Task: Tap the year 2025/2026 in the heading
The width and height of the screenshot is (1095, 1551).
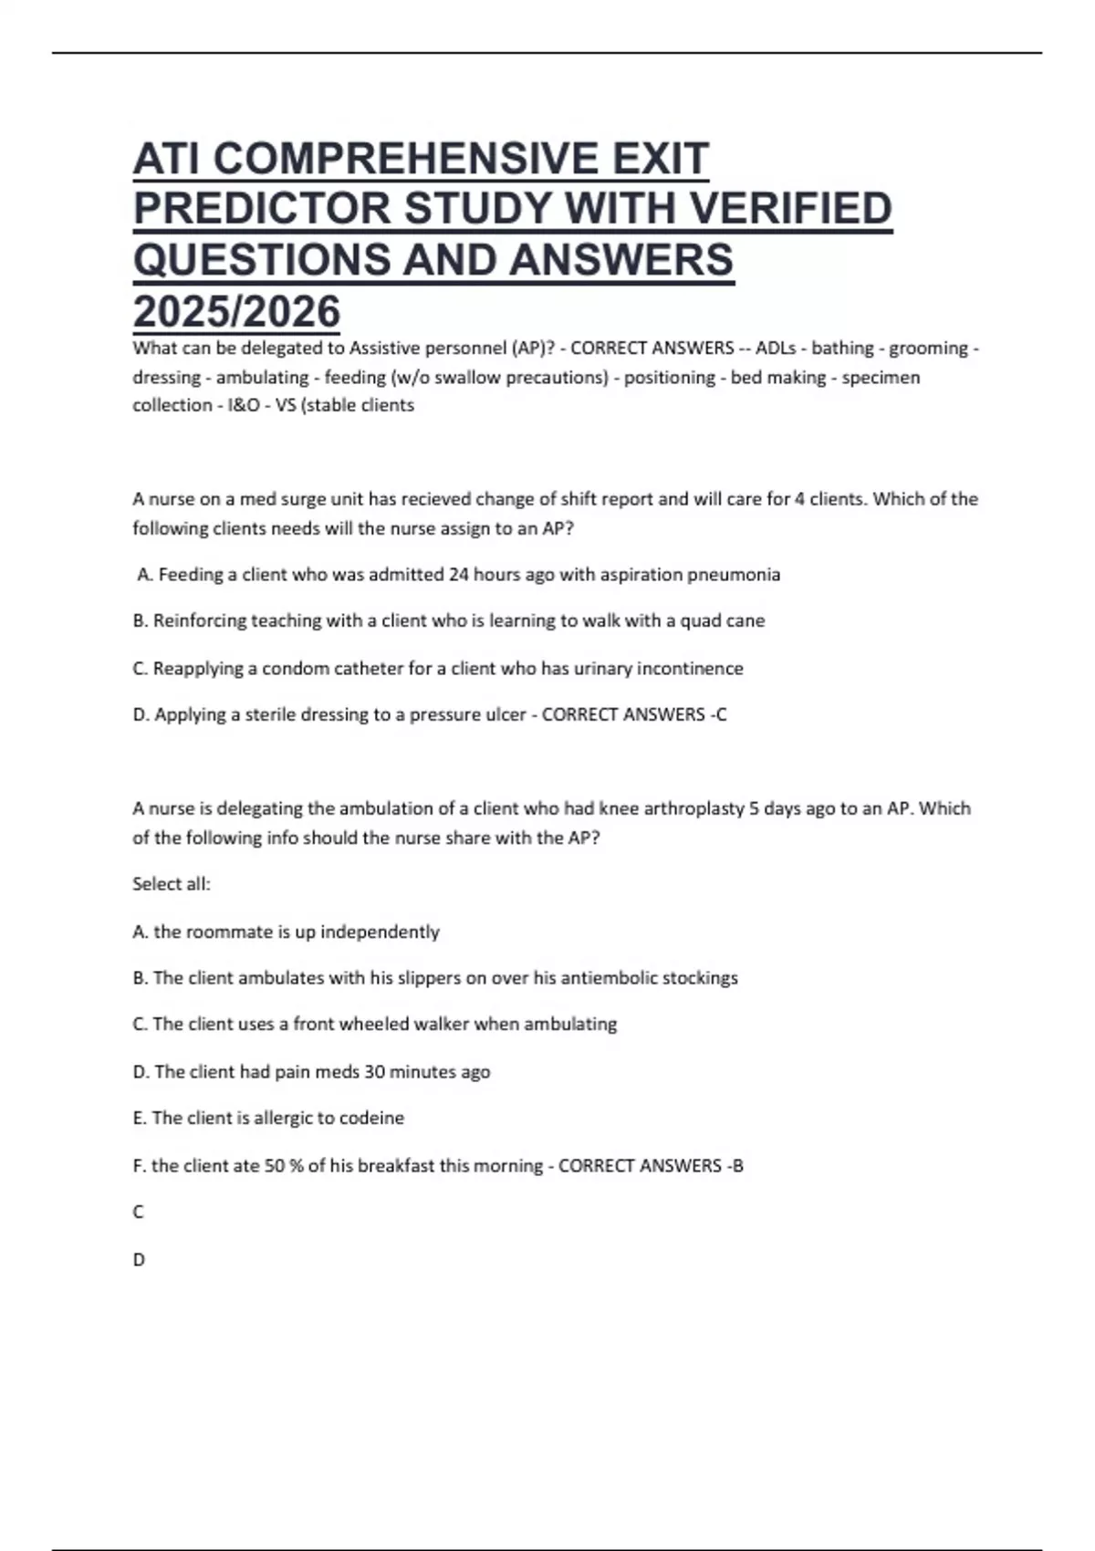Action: coord(236,312)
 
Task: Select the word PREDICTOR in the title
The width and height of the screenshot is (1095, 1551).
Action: coord(262,209)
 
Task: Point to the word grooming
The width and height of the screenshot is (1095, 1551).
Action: coord(928,349)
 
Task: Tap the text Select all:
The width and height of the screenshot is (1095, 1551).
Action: coord(172,884)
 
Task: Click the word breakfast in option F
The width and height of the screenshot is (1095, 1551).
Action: coord(395,1166)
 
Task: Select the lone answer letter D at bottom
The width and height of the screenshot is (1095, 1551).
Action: coord(139,1260)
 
